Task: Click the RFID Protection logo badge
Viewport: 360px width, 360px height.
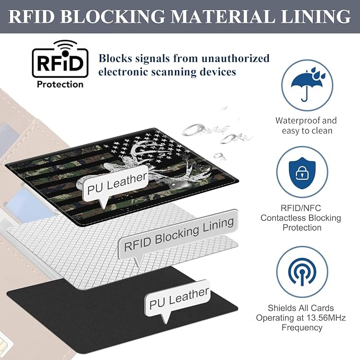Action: coord(60,64)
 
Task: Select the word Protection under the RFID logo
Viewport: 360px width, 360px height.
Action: coord(60,84)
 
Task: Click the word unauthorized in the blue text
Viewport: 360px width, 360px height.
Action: coord(235,58)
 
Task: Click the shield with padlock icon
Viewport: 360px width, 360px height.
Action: coord(302,173)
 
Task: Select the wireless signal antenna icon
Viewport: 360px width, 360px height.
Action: coord(302,271)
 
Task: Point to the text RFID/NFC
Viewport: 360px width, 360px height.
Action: coord(301,208)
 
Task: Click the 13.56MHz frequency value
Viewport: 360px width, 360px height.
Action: coord(326,318)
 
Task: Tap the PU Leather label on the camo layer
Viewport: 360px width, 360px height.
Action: coord(117,183)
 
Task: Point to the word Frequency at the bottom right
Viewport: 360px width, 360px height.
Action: coord(302,328)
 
